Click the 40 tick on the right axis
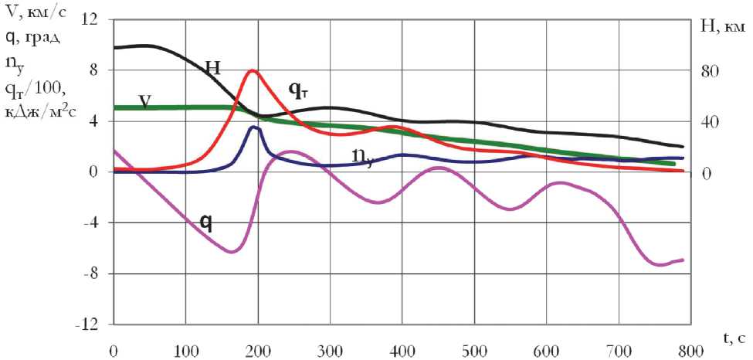710,122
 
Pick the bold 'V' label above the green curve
144,100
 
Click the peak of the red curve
253,70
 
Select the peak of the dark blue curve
253,127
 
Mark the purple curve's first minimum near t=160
231,252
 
